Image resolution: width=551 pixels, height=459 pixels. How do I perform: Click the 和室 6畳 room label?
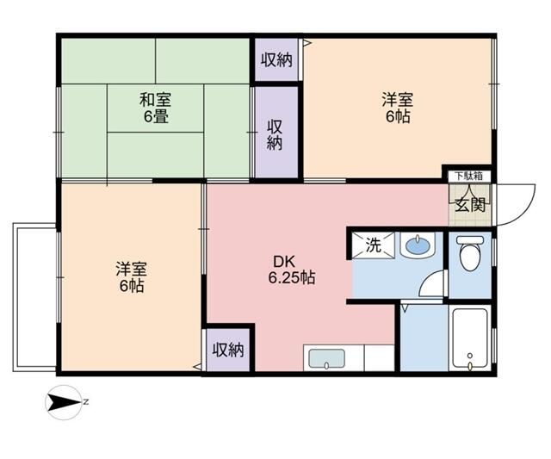155,107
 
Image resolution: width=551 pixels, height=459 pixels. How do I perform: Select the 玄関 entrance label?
470,205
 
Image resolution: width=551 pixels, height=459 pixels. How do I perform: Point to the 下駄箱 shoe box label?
468,177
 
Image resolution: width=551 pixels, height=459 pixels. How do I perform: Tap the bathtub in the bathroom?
470,338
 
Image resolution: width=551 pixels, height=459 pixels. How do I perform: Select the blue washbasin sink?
417,246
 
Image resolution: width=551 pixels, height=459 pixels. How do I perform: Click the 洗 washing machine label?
373,244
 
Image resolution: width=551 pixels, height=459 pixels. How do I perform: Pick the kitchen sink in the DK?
325,358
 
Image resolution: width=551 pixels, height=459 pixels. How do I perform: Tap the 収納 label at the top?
276,59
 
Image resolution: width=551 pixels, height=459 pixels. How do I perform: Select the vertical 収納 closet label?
275,134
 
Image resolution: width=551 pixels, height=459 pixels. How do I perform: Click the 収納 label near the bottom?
229,350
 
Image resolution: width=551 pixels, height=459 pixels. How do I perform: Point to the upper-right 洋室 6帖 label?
397,107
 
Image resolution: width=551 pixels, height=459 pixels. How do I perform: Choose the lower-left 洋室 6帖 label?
131,276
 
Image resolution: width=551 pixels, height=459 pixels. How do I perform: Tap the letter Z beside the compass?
86,400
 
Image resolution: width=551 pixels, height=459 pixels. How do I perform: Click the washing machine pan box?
372,244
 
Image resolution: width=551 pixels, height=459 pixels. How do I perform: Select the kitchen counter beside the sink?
375,357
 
